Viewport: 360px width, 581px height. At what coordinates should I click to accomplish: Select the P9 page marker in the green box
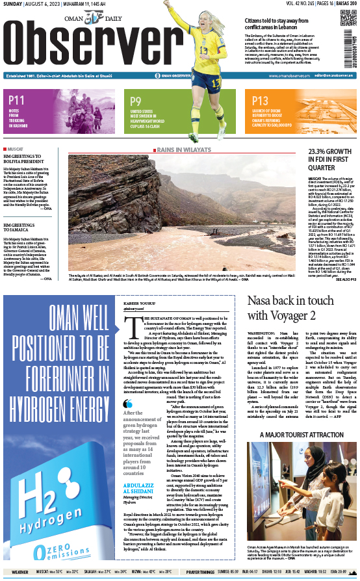136,101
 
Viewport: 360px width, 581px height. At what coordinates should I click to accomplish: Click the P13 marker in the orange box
260,101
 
